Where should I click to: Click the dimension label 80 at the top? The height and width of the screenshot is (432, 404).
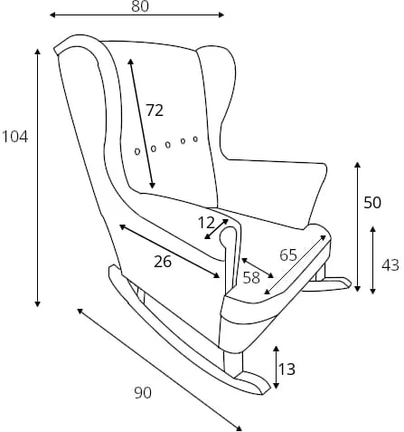point(140,6)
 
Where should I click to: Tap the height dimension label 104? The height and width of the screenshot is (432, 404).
point(15,137)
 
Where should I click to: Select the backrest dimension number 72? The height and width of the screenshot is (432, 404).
point(155,110)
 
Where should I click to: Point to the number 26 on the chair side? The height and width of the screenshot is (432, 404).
point(163,262)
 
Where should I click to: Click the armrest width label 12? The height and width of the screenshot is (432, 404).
point(206,223)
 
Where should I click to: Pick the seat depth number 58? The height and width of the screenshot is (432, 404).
point(251,277)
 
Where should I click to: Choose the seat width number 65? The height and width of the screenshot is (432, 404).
point(288,255)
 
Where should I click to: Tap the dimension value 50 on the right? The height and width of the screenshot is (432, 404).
point(372,203)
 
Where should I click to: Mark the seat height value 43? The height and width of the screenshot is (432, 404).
point(390,265)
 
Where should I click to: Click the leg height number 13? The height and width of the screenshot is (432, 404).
point(287,369)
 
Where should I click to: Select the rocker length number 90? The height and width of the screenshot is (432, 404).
point(143,393)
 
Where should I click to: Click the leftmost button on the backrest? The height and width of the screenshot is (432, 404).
point(137,151)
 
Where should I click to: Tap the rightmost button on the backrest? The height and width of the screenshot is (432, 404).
point(195,139)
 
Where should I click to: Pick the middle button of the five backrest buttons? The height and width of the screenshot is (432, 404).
point(168,145)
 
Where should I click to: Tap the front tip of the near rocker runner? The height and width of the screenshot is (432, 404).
point(266,389)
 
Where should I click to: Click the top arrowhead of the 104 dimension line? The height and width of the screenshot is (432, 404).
point(37,51)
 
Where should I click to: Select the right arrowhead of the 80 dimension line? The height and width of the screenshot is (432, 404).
point(221,14)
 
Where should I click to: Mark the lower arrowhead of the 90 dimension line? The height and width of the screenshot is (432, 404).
point(240,428)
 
